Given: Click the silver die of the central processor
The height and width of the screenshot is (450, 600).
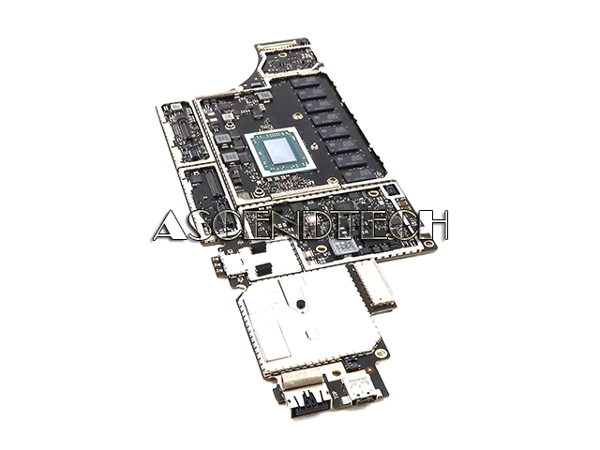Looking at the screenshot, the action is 279,150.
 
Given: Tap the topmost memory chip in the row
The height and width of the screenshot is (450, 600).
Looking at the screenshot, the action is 305,82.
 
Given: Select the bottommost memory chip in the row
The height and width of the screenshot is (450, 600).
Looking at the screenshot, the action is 359,175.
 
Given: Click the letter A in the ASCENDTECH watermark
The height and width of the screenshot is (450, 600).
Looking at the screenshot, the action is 169,227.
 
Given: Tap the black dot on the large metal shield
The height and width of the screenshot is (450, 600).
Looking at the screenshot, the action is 300,304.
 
